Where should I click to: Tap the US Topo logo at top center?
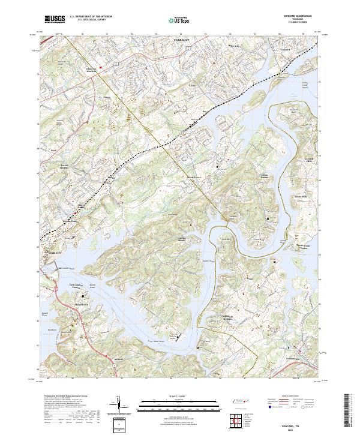click(173, 20)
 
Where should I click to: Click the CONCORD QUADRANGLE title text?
click(293, 16)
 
